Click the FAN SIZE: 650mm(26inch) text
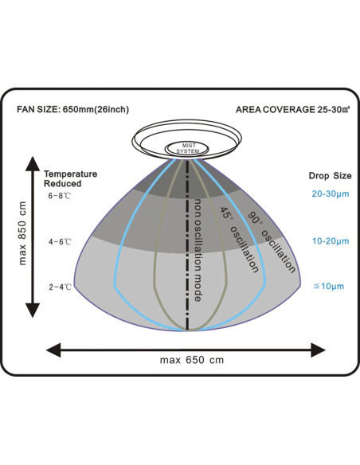click(73, 110)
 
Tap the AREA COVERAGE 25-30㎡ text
click(292, 110)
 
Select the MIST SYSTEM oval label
click(188, 148)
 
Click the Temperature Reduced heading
click(70, 179)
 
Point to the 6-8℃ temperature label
click(60, 196)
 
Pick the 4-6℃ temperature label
click(60, 242)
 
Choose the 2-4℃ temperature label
click(61, 287)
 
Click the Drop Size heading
click(330, 176)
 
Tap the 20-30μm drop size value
click(331, 194)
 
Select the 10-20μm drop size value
click(331, 241)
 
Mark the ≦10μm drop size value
click(329, 286)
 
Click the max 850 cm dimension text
click(22, 233)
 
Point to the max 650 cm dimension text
click(192, 360)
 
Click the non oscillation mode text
click(198, 250)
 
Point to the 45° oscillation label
click(239, 240)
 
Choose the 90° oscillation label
click(272, 242)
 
